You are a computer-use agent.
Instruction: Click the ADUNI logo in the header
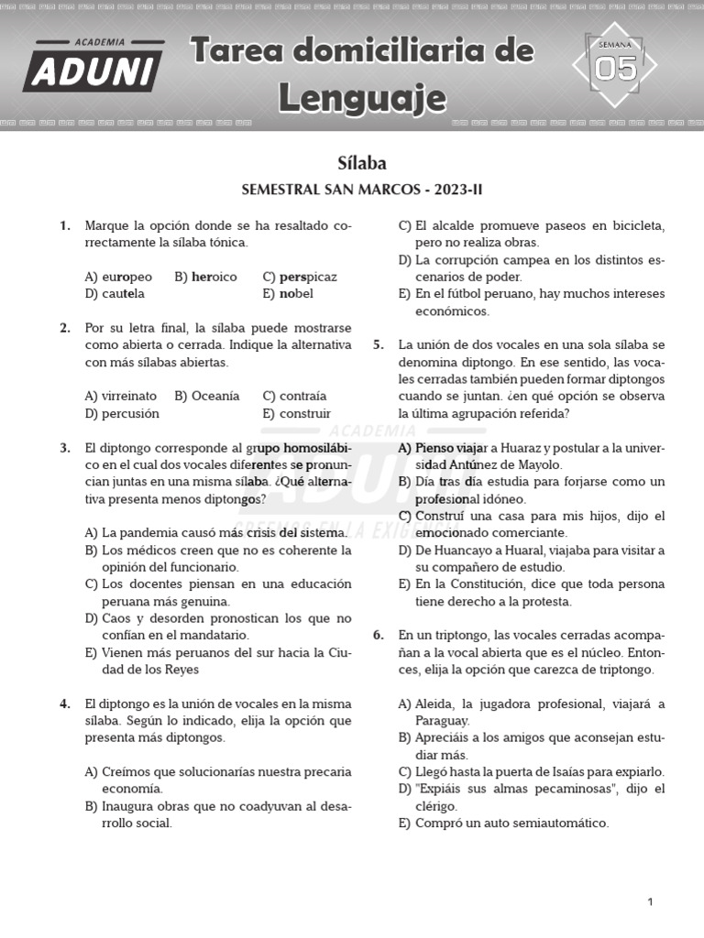[93, 67]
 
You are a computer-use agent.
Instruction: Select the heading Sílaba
[362, 163]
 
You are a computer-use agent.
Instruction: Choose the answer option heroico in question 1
[214, 277]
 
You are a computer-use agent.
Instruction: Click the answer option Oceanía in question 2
[214, 396]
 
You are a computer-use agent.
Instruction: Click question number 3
[65, 448]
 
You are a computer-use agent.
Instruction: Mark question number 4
[65, 703]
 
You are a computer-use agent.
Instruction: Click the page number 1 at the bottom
[650, 902]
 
